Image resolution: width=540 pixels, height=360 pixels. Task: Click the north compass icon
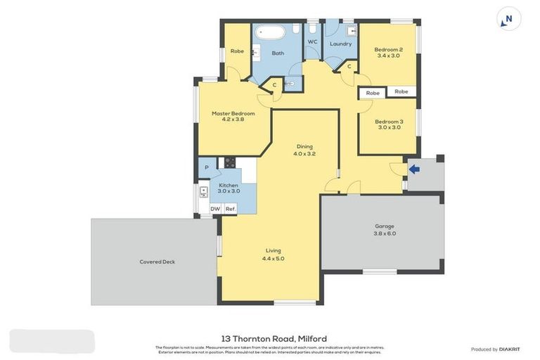[x=508, y=19]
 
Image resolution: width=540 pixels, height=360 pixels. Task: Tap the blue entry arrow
[x=414, y=169]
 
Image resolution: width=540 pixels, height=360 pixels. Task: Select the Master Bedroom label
[x=233, y=116]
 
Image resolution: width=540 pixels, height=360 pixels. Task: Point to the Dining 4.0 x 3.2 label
[x=304, y=150]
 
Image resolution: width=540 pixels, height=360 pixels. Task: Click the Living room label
[x=273, y=255]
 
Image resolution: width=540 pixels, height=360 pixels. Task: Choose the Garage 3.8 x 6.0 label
[x=384, y=229]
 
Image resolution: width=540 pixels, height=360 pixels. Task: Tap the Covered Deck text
[x=157, y=262]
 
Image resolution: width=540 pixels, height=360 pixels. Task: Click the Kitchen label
[x=228, y=188]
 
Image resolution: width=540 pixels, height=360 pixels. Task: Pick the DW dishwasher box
[x=215, y=209]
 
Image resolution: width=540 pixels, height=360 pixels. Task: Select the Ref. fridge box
[x=230, y=209]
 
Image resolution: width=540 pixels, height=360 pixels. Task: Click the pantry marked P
[x=207, y=167]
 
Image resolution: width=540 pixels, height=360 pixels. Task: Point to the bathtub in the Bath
[x=268, y=32]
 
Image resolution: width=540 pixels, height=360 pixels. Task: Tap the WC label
[x=312, y=42]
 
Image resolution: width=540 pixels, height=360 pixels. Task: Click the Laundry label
[x=340, y=44]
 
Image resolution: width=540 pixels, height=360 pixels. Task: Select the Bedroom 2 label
[x=388, y=52]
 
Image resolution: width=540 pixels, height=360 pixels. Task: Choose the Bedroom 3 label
[x=389, y=124]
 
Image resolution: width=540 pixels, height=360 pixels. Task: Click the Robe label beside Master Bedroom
[x=236, y=51]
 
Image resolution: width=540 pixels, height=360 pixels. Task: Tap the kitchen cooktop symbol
[x=229, y=163]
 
